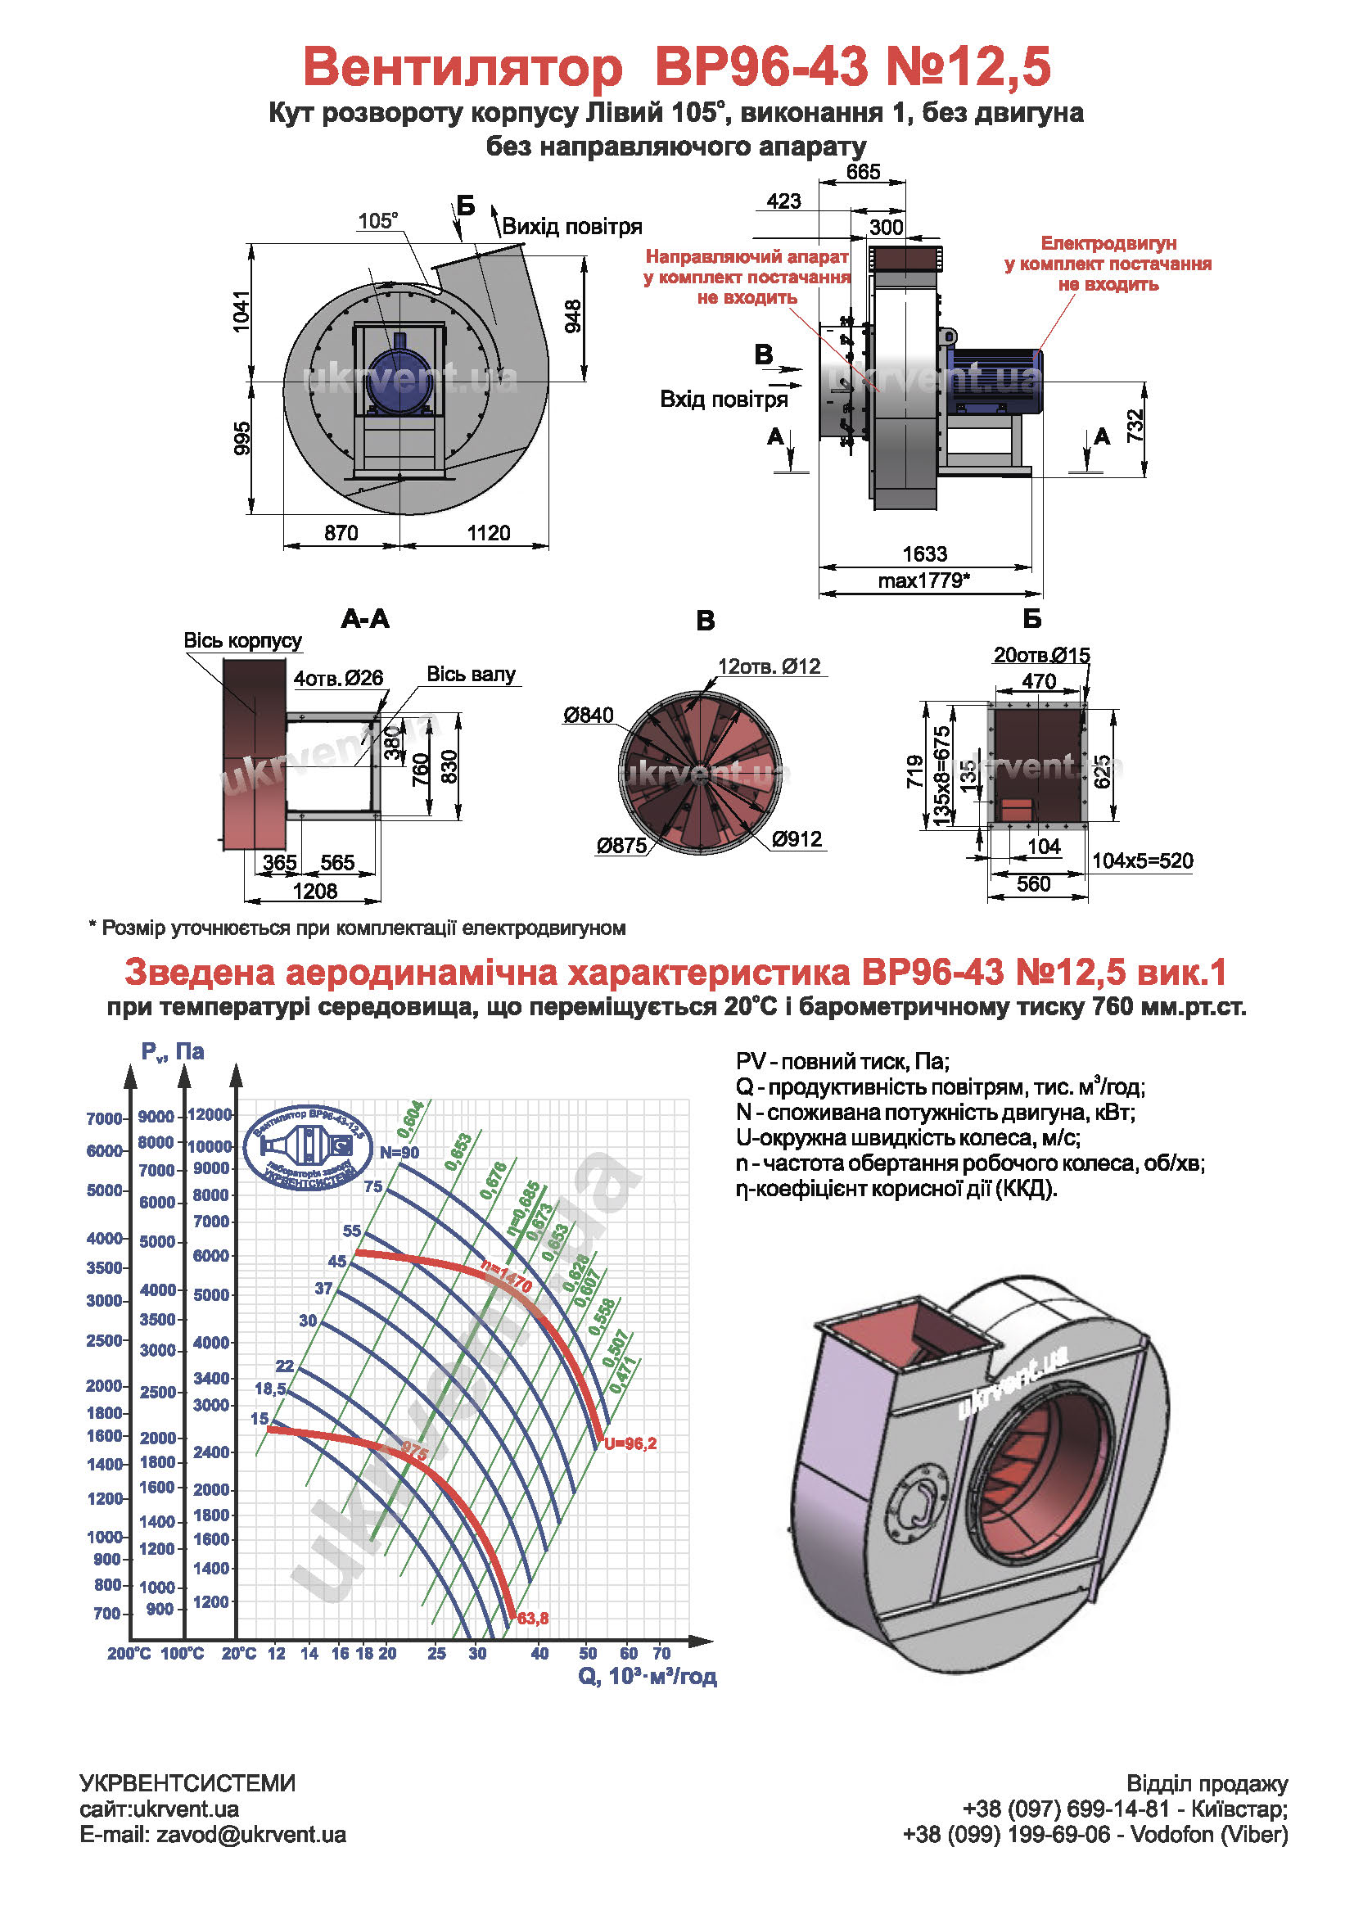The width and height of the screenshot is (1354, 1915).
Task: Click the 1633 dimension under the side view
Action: point(924,553)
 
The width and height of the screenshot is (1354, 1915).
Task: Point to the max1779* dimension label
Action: point(923,580)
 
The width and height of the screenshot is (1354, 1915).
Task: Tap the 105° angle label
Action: point(377,221)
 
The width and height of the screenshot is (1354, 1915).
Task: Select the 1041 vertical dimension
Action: point(241,311)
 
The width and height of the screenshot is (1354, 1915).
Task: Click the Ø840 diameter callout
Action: point(588,715)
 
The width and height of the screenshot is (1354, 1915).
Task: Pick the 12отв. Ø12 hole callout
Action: point(770,666)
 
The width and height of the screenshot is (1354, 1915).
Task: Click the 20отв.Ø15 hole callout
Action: point(1041,656)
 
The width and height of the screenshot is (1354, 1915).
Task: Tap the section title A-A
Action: point(365,619)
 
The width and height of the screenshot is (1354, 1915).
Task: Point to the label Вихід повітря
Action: point(572,227)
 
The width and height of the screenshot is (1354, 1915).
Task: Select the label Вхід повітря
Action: point(724,400)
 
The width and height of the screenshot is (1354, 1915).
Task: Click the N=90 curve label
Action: point(399,1153)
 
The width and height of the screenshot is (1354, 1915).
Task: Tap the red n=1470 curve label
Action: point(507,1276)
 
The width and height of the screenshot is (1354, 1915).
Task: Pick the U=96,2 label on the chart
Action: point(630,1443)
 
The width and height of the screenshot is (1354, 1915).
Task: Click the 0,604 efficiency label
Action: point(410,1119)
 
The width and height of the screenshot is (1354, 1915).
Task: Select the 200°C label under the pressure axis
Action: point(129,1653)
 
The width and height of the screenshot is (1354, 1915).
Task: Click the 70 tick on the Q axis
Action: point(661,1653)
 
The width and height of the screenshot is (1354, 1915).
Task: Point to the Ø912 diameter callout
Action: point(797,839)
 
